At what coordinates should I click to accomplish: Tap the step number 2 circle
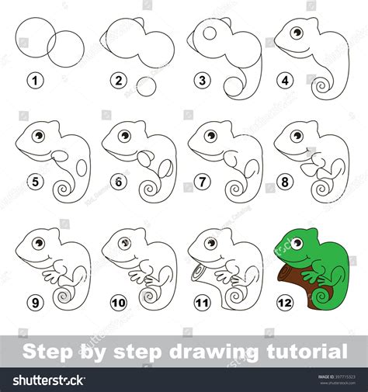point(118,79)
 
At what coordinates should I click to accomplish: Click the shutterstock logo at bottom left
point(48,380)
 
